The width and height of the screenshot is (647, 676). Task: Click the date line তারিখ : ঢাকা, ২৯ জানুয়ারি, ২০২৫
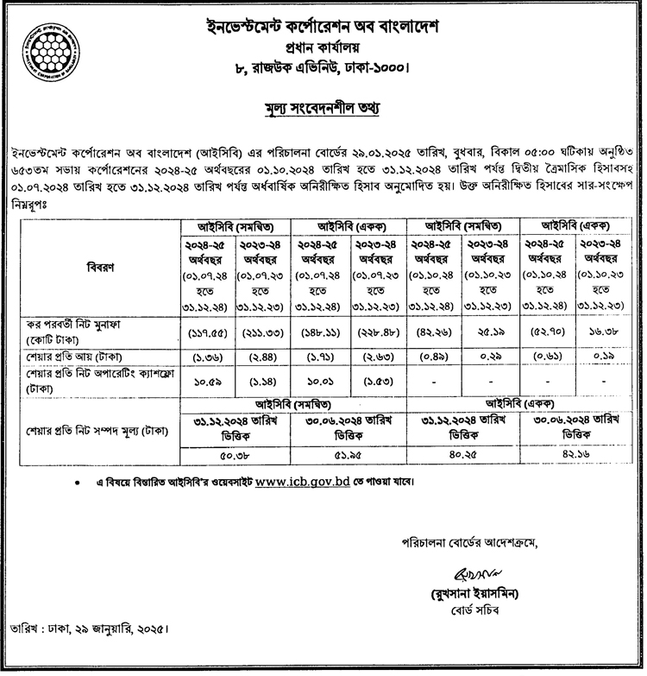tap(86, 649)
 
